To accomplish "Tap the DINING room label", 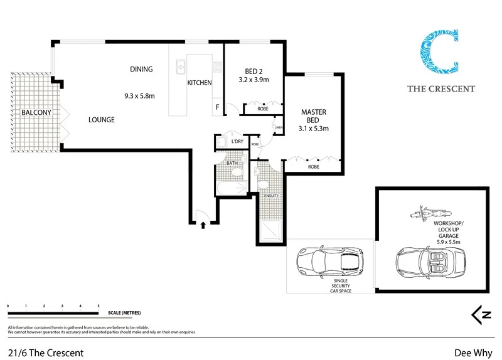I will pos(141,69).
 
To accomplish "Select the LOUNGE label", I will pos(101,119).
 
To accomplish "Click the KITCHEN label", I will pos(200,83).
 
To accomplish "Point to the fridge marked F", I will pos(218,107).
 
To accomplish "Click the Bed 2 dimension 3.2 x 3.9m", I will pos(254,80).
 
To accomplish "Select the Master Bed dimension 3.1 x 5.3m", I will pos(314,129).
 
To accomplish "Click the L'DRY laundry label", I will pos(237,142).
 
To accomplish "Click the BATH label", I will pos(232,163).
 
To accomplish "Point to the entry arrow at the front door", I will pos(203,225).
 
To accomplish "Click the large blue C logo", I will pos(439,54).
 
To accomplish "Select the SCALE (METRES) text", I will pos(124,312).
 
